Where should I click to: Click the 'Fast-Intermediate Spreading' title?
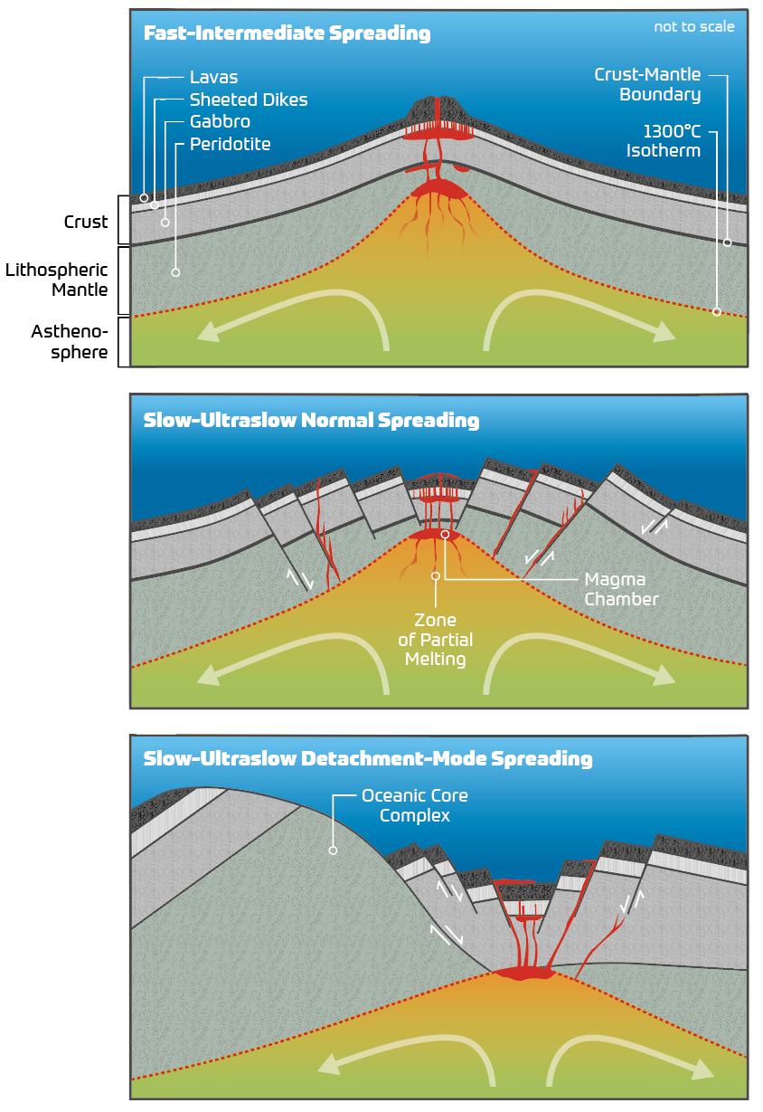[287, 34]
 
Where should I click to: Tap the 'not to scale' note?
[694, 26]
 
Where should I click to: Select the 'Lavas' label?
[213, 78]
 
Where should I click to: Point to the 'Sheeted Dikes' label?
[249, 100]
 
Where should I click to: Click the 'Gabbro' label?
[220, 121]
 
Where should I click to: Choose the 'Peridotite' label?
[230, 143]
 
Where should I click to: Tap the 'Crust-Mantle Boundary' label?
[647, 84]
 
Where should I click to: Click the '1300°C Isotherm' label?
[664, 140]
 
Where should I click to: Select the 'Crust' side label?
[86, 221]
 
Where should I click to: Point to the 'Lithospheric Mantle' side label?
[57, 280]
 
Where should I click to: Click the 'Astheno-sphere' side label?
[70, 341]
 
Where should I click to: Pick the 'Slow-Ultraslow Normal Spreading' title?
[311, 421]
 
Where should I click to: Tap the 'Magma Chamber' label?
[621, 588]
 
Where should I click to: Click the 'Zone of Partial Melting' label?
[436, 640]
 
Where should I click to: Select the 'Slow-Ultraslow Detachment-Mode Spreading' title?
[368, 758]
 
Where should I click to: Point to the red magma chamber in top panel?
[438, 189]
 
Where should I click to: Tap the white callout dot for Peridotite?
[175, 271]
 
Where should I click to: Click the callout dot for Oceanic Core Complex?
[333, 851]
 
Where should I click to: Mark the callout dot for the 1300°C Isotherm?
[716, 312]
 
